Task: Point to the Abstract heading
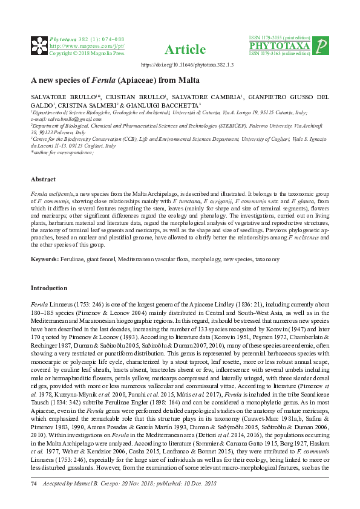tap(43, 180)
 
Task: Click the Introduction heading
tap(50, 288)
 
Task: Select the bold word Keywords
tap(45, 259)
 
